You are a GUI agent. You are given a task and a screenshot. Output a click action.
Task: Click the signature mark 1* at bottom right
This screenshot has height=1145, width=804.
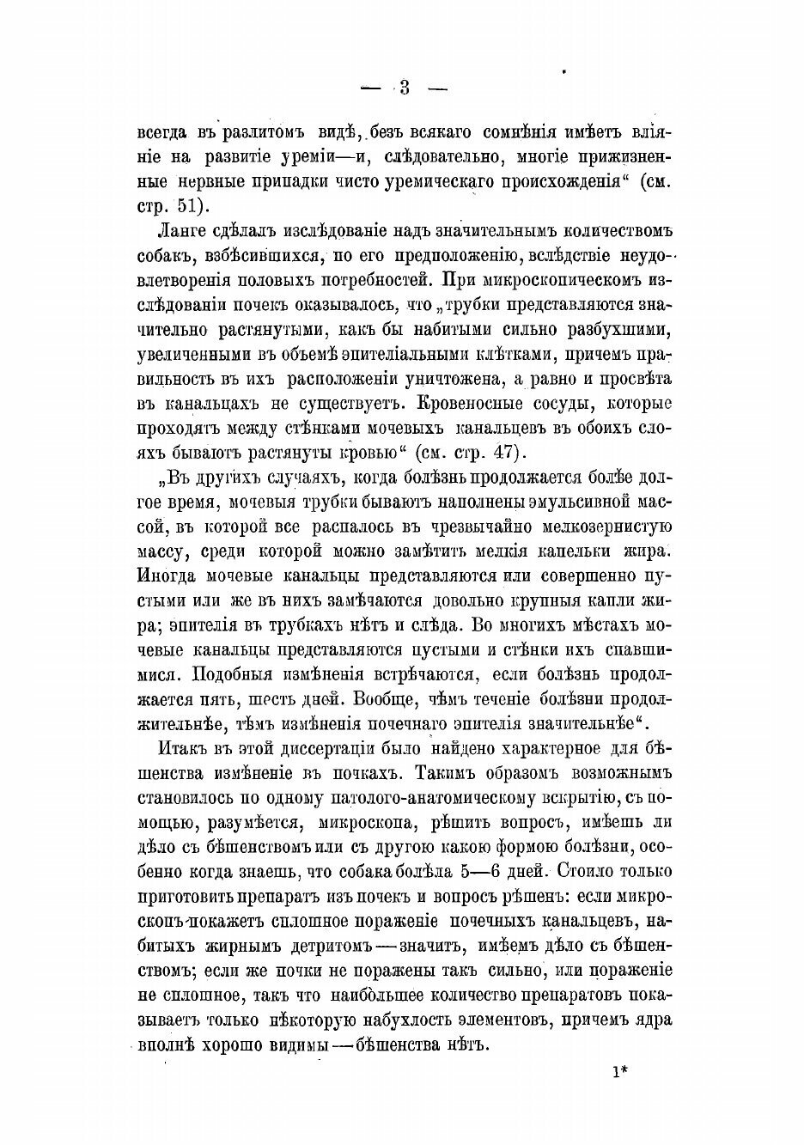pyautogui.click(x=621, y=1073)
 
